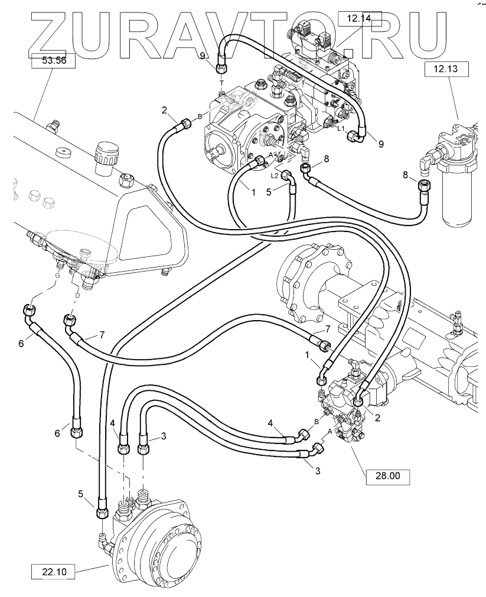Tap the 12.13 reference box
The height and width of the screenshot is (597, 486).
446,69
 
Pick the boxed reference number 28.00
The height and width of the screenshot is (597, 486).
387,475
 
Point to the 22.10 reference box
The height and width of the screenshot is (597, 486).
53,572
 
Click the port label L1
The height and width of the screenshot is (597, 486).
341,128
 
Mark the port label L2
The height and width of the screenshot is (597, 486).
275,175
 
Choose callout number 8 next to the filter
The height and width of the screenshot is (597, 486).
405,174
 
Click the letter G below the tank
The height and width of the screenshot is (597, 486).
57,275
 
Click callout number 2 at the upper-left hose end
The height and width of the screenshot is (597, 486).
165,110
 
